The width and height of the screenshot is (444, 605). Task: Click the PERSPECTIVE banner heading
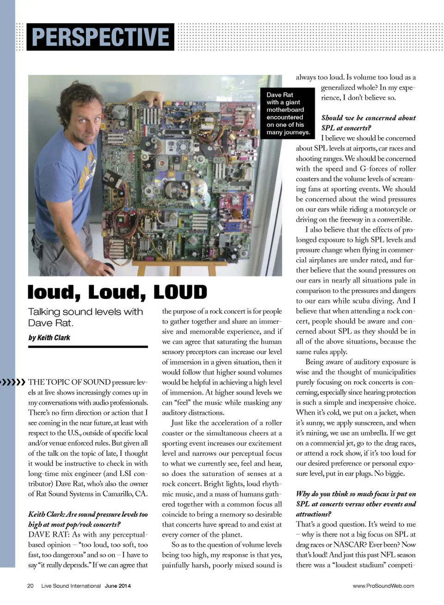100,37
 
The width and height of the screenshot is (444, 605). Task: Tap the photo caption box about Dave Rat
288,113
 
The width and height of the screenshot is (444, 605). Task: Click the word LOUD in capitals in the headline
180,292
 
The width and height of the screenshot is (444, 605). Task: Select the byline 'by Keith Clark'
49,338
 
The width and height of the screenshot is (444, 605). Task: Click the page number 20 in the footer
31,586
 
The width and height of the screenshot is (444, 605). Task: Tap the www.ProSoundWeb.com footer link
383,586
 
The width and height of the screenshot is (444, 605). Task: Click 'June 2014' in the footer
117,586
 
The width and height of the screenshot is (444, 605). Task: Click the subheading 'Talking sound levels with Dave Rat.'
86,317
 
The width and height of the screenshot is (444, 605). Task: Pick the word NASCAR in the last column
347,544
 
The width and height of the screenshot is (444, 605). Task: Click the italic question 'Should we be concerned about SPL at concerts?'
368,123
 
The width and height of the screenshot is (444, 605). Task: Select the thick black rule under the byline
88,346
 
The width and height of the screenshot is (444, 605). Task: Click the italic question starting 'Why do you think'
356,504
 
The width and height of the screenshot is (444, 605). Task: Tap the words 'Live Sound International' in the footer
71,586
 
